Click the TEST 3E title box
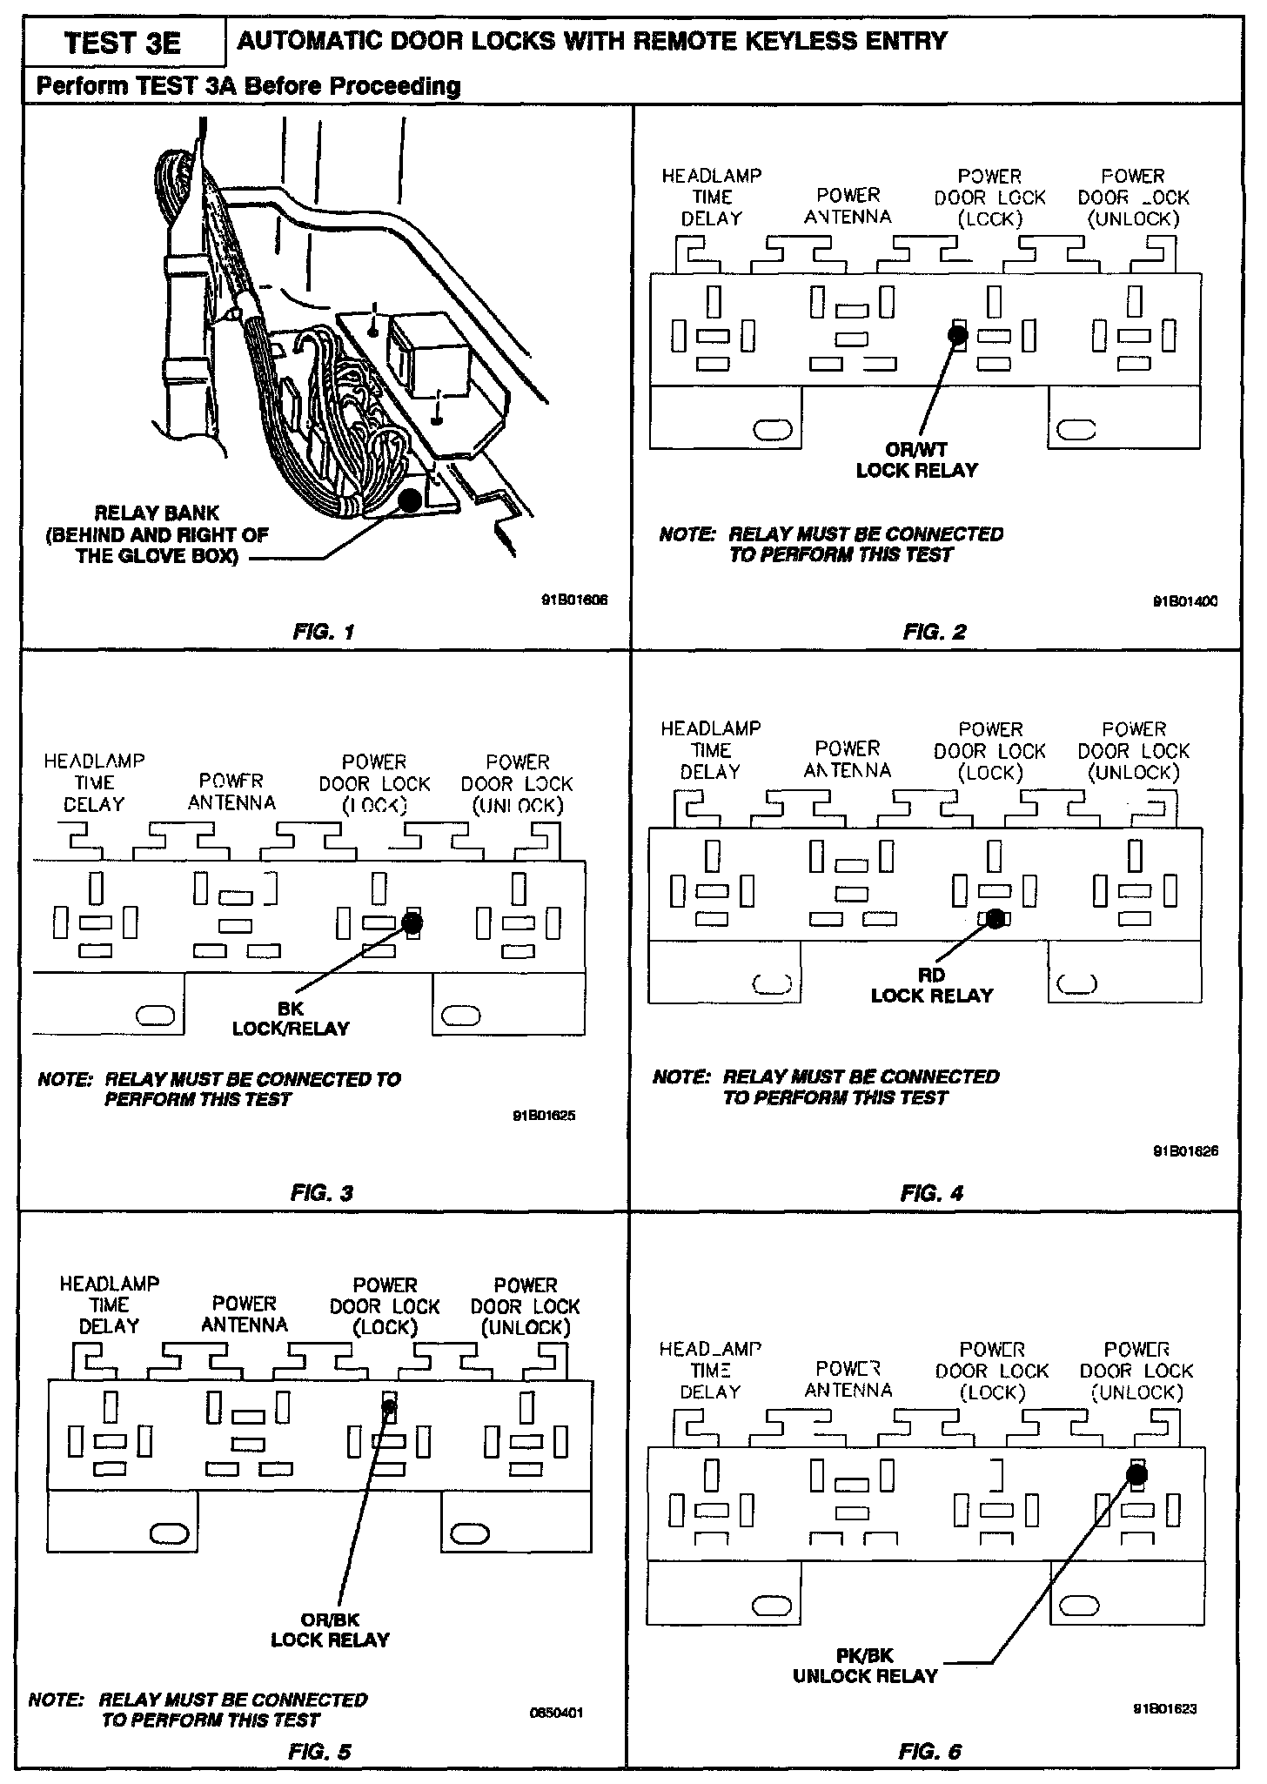[123, 43]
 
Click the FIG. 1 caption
[324, 633]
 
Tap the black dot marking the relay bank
[409, 500]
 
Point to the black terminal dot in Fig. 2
[958, 332]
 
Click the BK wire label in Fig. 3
[291, 1009]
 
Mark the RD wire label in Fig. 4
[931, 976]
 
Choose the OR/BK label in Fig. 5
[330, 1620]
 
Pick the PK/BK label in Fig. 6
[865, 1655]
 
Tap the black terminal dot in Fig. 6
[1136, 1473]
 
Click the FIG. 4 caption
[932, 1193]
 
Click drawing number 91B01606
[575, 600]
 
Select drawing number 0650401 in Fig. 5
[556, 1714]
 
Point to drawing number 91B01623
[1164, 1708]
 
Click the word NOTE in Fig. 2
[687, 534]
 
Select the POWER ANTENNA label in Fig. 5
[245, 1314]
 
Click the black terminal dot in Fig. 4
[995, 918]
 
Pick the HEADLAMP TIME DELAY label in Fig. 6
[710, 1370]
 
